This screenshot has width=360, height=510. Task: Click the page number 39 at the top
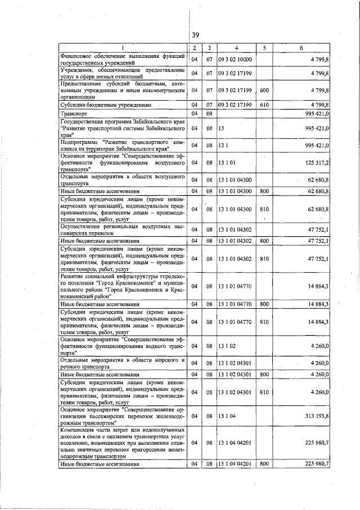point(195,34)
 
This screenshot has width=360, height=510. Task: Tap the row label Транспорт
point(74,114)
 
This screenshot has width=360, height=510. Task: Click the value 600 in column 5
point(264,89)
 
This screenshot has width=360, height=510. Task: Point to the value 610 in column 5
point(264,105)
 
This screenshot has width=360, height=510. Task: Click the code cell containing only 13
point(222,128)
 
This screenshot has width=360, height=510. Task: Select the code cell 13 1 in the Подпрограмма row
point(224,145)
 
